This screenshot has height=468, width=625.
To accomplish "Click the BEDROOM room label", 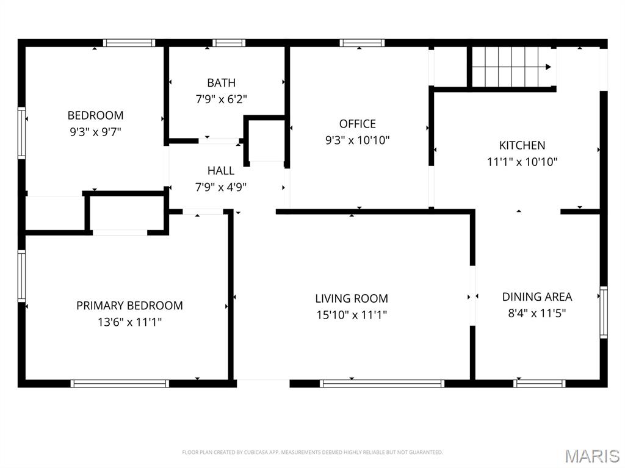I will [x=95, y=115].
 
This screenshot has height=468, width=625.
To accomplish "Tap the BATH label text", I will [x=221, y=83].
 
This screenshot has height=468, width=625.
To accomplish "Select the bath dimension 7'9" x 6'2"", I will [x=221, y=98].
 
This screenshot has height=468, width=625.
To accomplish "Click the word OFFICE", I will [x=358, y=124].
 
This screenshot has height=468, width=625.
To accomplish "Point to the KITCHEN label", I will [x=522, y=145].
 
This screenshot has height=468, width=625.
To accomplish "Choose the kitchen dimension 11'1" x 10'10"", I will [x=522, y=162].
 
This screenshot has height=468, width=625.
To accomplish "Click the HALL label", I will [x=221, y=171].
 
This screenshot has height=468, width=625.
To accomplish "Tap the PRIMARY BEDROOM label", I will [x=129, y=306].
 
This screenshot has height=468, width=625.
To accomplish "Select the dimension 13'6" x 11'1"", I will [x=129, y=322].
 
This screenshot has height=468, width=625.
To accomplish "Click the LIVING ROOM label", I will [x=352, y=298].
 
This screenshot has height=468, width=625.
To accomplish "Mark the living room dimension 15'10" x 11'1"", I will [x=352, y=315].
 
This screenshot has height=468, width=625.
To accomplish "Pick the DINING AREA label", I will [x=537, y=297].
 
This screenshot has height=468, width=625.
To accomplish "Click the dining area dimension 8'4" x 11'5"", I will [x=537, y=313].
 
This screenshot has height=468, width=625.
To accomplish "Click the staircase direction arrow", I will [x=548, y=67].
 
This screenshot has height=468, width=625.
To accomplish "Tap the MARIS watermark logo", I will [x=592, y=455].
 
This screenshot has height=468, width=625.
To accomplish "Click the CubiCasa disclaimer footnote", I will [x=312, y=452].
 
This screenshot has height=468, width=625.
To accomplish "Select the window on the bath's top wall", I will [x=229, y=43].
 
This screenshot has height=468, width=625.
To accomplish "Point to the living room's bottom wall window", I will [x=382, y=383].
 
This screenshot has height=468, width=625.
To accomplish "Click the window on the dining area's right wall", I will [x=604, y=312].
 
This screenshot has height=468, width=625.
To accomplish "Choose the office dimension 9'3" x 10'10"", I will [x=358, y=140].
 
